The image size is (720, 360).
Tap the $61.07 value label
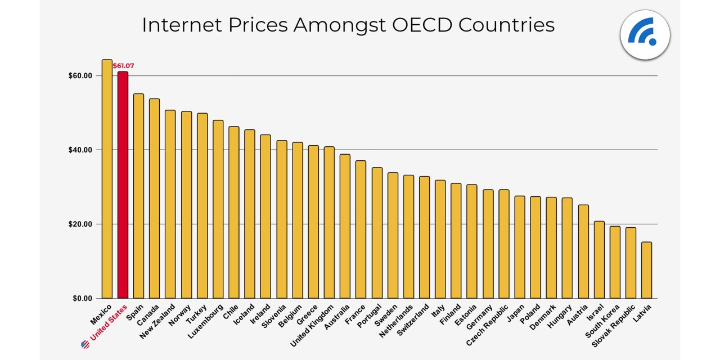(x=123, y=66)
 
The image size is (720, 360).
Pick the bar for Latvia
(x=646, y=270)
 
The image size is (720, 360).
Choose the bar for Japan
(x=520, y=247)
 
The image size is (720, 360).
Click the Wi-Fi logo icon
(x=645, y=35)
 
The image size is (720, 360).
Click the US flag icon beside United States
(x=85, y=344)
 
